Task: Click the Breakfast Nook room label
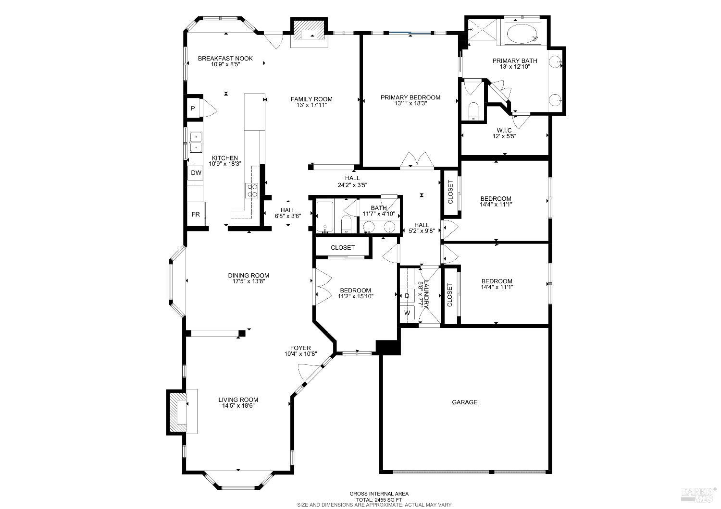click(225, 59)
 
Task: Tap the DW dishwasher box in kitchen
click(196, 173)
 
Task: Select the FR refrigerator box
click(196, 215)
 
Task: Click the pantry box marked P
click(193, 109)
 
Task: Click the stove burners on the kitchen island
click(252, 191)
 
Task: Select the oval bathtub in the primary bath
click(522, 34)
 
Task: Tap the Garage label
click(465, 402)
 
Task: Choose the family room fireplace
click(309, 33)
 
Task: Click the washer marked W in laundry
click(408, 313)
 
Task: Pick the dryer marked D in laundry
click(407, 296)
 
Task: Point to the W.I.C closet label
click(504, 130)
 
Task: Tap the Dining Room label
click(249, 276)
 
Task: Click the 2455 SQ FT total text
click(379, 499)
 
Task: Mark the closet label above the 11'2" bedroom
click(343, 248)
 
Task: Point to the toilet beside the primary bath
click(473, 110)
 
